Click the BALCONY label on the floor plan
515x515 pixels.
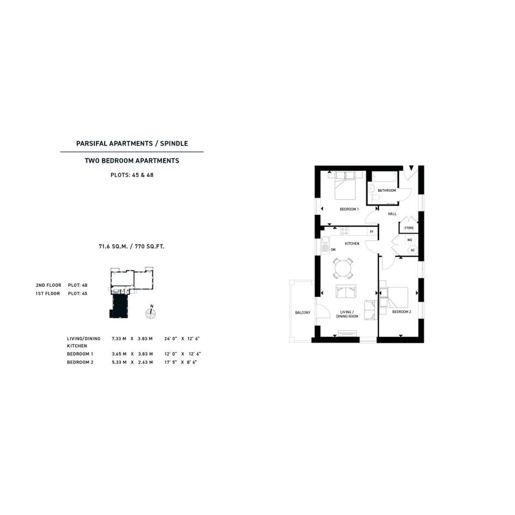[x=302, y=313]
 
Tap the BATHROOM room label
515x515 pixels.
[x=386, y=191]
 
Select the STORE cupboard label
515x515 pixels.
[x=409, y=228]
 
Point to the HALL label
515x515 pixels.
[x=392, y=214]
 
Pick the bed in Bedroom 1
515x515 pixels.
[x=346, y=185]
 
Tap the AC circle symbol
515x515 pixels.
[x=413, y=250]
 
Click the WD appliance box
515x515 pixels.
[x=410, y=240]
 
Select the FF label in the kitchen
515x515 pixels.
[x=372, y=232]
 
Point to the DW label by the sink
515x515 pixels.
[x=333, y=250]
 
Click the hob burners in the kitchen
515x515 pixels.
[x=344, y=231]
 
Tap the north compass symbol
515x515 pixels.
[x=151, y=313]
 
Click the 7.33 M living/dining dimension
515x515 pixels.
[x=119, y=338]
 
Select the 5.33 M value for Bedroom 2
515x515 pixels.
[x=119, y=362]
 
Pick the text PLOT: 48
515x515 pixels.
[x=78, y=285]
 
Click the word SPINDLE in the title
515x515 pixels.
[x=174, y=143]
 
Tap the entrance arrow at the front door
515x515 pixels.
[x=411, y=168]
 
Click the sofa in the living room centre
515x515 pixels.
[x=346, y=292]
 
